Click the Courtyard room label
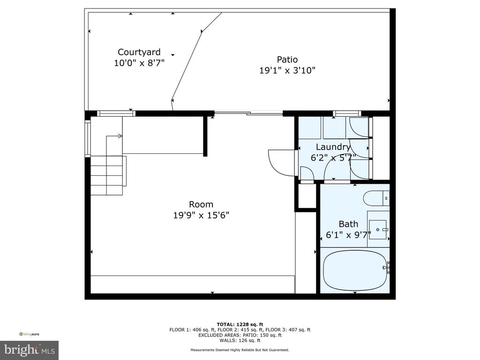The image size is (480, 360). click(139, 52)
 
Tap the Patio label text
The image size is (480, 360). click(287, 60)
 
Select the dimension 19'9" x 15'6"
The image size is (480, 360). click(201, 215)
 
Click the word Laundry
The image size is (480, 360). click(333, 147)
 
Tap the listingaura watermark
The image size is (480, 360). click(29, 334)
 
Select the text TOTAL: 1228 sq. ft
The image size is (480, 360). click(240, 324)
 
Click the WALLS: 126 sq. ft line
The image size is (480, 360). click(240, 340)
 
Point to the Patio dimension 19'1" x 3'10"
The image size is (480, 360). click(287, 70)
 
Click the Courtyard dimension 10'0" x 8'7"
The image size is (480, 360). click(139, 63)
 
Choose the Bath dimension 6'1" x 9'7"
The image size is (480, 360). click(348, 235)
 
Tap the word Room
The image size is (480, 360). click(201, 204)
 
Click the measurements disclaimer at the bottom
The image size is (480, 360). click(240, 350)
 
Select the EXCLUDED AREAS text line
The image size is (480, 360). click(240, 335)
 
